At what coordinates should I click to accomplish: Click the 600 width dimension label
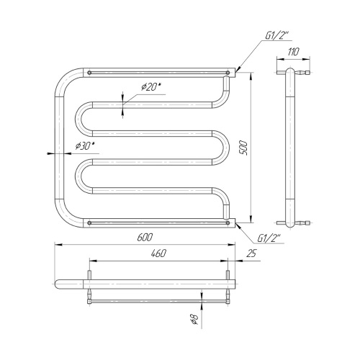click(145, 237)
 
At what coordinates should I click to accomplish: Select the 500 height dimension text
click(243, 148)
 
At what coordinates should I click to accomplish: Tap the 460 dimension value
click(158, 253)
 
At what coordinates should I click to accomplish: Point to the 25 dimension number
click(251, 253)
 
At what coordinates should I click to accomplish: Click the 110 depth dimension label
click(293, 52)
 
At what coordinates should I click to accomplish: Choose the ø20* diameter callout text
click(151, 86)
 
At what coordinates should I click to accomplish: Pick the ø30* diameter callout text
click(85, 145)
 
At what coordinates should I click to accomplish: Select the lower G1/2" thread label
click(269, 238)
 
